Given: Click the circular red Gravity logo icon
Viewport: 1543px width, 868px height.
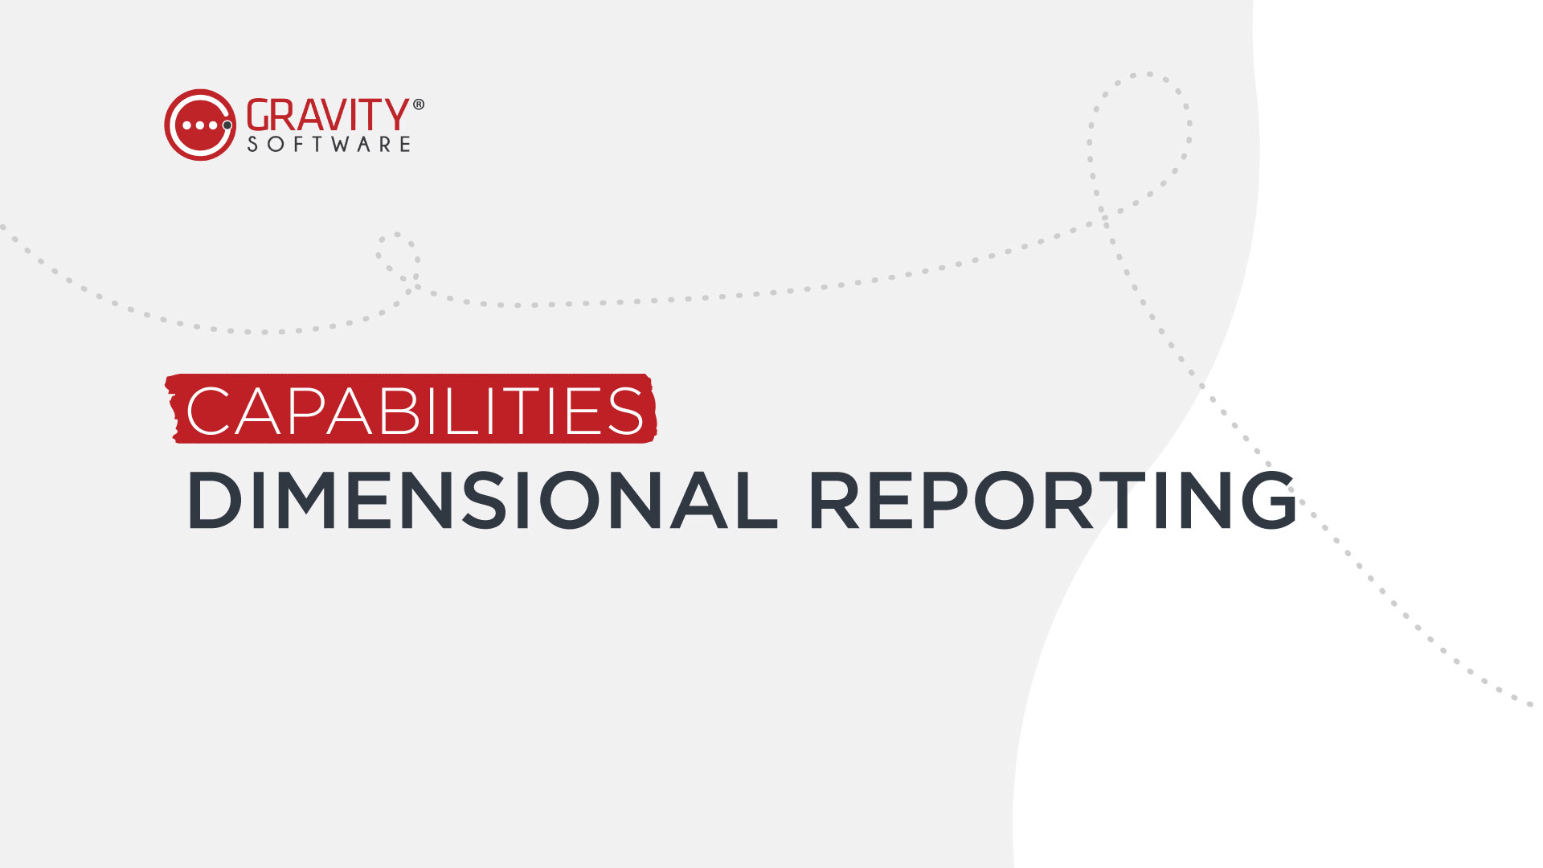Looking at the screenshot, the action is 200,125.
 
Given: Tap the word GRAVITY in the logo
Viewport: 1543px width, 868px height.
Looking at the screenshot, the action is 328,115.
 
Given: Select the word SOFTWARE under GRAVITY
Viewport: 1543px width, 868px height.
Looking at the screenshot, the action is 329,144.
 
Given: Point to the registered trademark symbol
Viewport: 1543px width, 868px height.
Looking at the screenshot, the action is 418,104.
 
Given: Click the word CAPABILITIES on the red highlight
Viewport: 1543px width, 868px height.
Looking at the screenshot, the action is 415,411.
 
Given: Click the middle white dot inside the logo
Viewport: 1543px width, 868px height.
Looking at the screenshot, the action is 200,125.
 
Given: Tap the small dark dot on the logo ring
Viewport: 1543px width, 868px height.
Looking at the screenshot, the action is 227,125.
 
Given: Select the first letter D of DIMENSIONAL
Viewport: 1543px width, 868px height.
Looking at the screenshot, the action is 215,500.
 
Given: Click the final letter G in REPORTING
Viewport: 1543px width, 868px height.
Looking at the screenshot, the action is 1268,500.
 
